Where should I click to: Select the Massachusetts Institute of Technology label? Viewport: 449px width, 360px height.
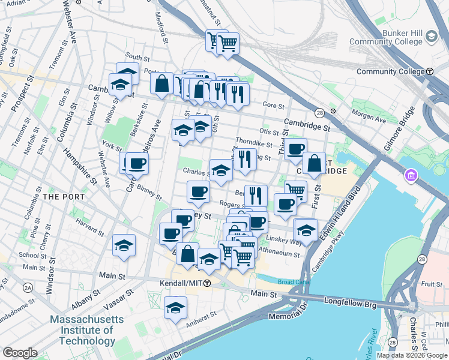click(x=82, y=330)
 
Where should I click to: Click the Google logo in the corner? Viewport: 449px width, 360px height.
click(x=20, y=353)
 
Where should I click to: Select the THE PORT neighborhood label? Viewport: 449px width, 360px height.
click(x=59, y=197)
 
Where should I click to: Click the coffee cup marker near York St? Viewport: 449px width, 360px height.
click(x=137, y=164)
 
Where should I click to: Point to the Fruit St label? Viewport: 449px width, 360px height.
click(x=431, y=284)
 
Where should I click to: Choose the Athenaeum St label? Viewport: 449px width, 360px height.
click(x=279, y=254)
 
